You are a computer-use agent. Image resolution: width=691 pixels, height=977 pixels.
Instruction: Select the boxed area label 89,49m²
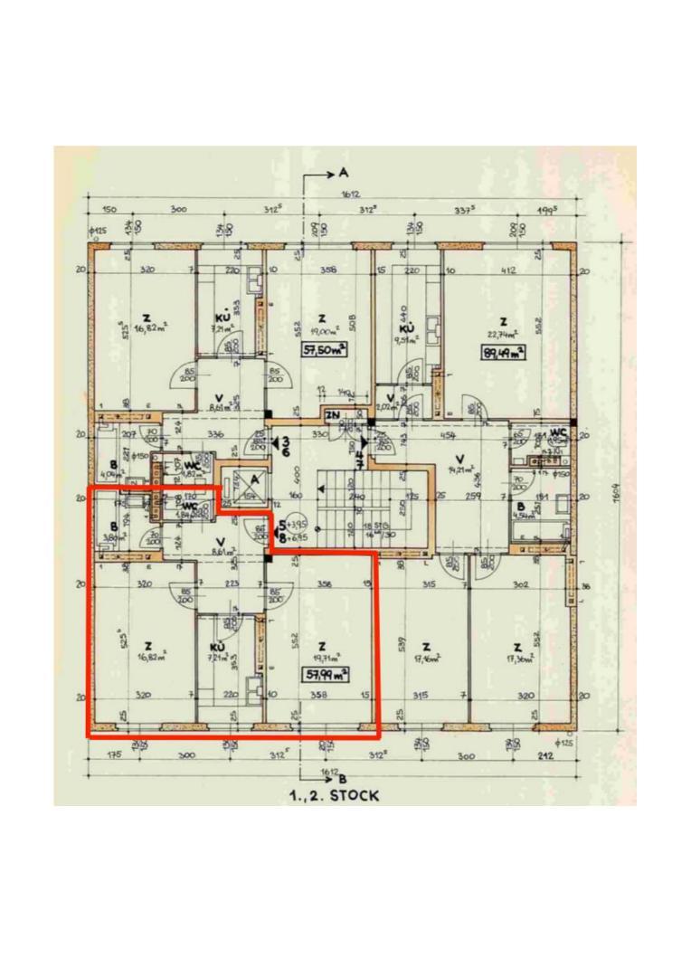tap(505, 354)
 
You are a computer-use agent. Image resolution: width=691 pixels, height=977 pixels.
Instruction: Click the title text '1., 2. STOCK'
tap(336, 796)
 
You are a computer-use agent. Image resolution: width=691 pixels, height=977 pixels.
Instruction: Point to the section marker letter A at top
tap(343, 173)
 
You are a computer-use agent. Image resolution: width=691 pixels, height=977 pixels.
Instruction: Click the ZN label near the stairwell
tap(332, 415)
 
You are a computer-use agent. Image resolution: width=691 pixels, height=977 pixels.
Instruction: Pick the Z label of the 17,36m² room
tap(516, 647)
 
